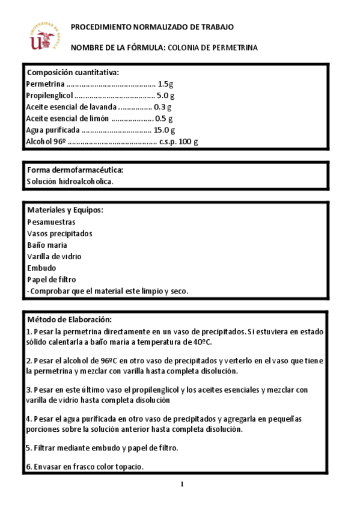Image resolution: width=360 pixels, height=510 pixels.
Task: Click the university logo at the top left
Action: [x=46, y=36]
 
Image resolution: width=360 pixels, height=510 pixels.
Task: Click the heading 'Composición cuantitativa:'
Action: [x=73, y=72]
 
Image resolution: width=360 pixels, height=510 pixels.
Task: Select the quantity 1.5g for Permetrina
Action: [x=165, y=84]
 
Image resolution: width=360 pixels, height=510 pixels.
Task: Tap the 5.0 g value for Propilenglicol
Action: [x=165, y=96]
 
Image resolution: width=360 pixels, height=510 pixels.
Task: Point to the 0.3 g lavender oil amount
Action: [x=162, y=107]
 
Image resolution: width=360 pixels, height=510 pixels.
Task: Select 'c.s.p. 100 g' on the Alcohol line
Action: [x=178, y=142]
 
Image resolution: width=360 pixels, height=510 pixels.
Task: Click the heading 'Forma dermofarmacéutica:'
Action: [x=75, y=170]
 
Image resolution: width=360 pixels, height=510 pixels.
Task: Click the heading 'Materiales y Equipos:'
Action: [x=65, y=210]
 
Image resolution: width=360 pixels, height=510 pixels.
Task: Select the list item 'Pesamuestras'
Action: [x=51, y=222]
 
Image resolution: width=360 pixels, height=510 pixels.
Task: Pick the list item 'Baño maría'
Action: [x=47, y=245]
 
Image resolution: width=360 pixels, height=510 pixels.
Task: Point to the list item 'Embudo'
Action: [x=41, y=268]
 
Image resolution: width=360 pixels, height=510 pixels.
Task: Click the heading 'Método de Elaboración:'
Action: [x=70, y=319]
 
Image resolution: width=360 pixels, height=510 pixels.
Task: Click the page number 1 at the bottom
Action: [x=181, y=484]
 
